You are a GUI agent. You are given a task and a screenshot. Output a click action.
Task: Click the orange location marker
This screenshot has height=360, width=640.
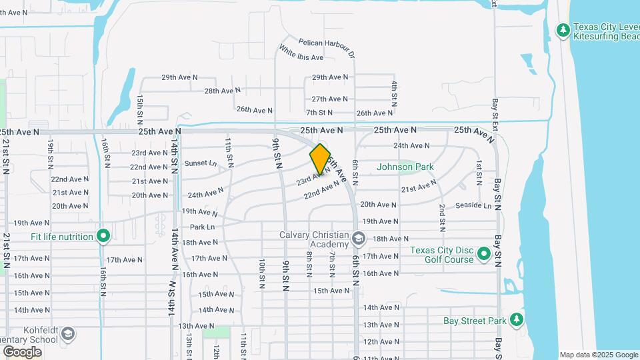(320, 159)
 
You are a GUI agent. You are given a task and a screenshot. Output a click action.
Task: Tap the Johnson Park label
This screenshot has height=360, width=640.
(405, 167)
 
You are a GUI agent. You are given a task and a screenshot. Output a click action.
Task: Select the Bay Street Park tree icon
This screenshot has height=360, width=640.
(516, 321)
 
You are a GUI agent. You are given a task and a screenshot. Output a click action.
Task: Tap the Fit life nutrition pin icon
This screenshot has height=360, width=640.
(103, 237)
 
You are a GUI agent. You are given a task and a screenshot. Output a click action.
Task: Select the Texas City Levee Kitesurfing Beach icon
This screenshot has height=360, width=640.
(563, 31)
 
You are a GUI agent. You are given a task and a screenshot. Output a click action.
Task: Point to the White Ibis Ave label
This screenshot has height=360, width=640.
(301, 53)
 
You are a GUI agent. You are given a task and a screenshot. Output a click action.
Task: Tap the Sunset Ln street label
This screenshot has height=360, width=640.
(201, 163)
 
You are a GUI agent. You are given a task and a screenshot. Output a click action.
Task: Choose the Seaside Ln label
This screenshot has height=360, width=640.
(473, 206)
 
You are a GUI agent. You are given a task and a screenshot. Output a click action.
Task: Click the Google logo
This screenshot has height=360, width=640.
(22, 351)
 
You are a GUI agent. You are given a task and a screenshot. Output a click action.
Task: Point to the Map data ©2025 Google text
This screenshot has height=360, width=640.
(599, 355)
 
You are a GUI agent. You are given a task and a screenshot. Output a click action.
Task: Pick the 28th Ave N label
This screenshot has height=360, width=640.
(222, 91)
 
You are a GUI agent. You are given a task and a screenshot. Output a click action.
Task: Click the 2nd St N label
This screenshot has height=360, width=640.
(442, 217)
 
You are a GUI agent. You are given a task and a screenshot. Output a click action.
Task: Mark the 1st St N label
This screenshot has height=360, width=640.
(479, 172)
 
